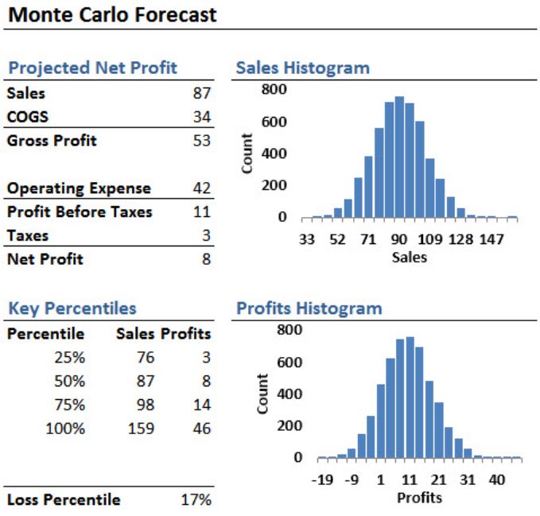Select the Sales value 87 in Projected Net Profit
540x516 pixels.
click(202, 93)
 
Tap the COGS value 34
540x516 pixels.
click(202, 117)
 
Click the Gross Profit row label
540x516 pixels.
click(52, 141)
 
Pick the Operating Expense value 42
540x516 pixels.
click(202, 188)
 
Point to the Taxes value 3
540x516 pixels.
click(206, 236)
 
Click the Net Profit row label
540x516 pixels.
click(45, 259)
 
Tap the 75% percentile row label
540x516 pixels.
click(68, 405)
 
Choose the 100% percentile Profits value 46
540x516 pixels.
click(202, 429)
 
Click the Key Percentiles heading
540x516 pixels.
click(72, 308)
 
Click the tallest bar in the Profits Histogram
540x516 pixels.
click(410, 398)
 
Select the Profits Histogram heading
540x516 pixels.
click(309, 308)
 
